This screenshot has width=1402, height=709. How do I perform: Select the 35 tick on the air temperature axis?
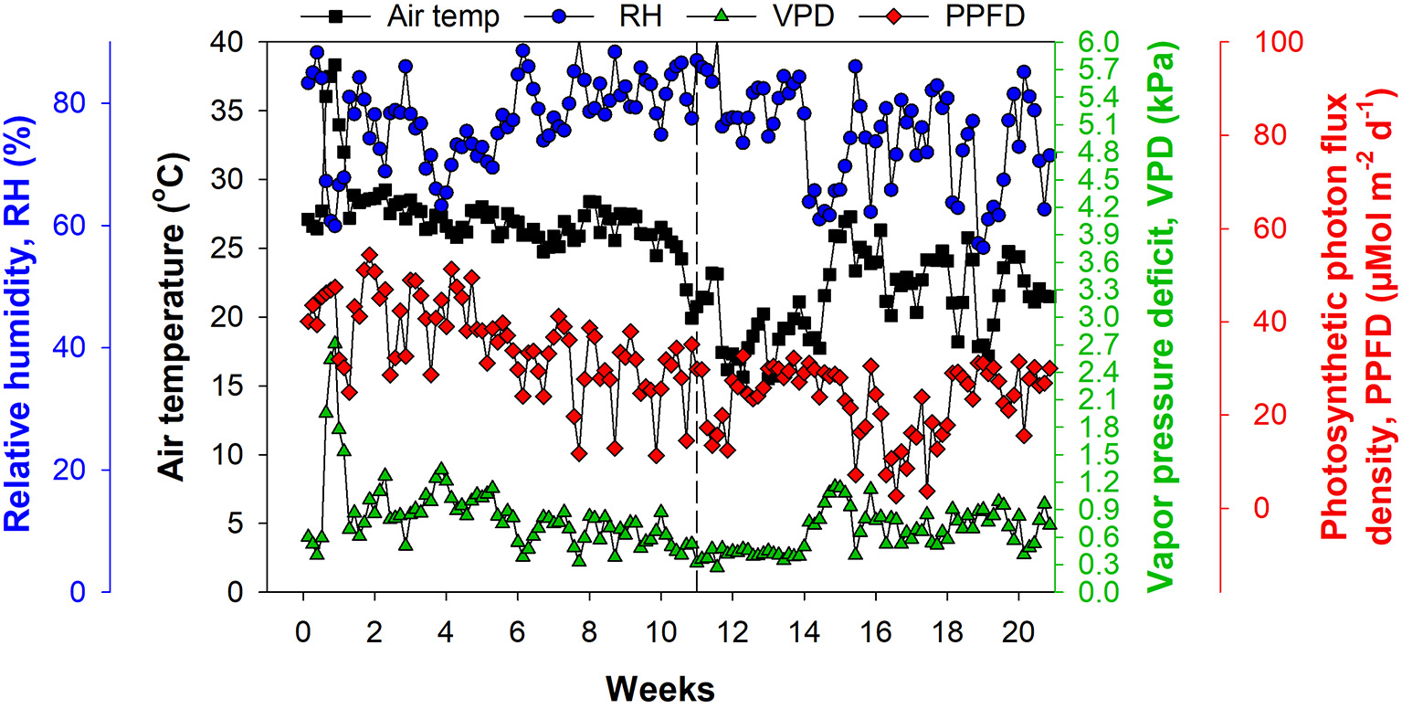231,111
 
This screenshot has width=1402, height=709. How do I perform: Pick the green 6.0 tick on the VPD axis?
1087,42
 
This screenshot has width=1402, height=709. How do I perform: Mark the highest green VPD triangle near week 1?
334,343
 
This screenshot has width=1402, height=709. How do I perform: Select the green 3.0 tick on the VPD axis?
1087,317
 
